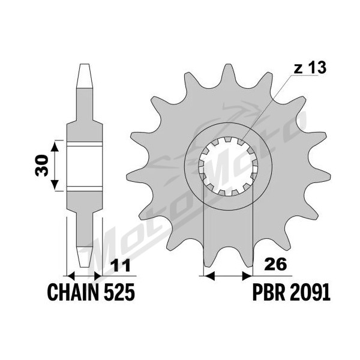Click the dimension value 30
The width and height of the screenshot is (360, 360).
(x=42, y=166)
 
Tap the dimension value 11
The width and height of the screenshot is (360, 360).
(x=121, y=265)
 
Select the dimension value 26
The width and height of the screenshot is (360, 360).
(x=276, y=264)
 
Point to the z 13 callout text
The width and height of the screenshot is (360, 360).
(x=310, y=67)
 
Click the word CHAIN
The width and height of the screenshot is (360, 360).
(x=74, y=292)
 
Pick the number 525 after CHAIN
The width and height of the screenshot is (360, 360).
(x=119, y=292)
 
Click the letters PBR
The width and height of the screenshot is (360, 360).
(x=269, y=292)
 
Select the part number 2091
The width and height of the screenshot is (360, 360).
(x=310, y=292)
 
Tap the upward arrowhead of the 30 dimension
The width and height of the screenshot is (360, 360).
(x=55, y=146)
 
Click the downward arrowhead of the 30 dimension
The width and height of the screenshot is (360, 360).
(x=55, y=185)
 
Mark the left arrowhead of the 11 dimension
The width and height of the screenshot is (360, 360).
(x=71, y=276)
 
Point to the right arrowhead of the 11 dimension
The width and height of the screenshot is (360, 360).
(x=98, y=276)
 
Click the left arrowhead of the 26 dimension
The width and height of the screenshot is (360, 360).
(x=209, y=276)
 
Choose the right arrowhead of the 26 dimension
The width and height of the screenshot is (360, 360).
(x=247, y=276)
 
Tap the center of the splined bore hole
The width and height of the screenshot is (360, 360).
(x=228, y=166)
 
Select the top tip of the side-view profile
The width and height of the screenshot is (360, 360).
(x=84, y=64)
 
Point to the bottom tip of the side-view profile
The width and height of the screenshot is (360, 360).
(x=84, y=266)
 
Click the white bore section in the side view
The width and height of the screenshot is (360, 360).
(x=85, y=166)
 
